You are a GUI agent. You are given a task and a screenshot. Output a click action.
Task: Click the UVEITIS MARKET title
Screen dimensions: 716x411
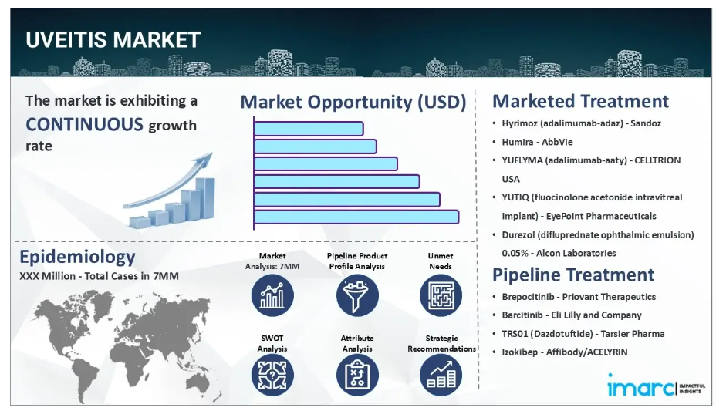[x=113, y=40]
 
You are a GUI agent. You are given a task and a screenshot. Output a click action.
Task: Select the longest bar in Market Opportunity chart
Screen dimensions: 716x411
[x=356, y=217]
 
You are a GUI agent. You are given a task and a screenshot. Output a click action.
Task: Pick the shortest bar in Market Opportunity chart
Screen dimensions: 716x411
[x=309, y=129]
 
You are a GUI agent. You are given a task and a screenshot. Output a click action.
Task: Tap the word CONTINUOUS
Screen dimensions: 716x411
[x=84, y=124]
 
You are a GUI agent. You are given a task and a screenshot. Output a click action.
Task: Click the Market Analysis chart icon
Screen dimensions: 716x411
[x=272, y=295]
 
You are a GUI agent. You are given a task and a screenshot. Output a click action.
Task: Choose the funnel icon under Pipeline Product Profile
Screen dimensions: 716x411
[x=357, y=295]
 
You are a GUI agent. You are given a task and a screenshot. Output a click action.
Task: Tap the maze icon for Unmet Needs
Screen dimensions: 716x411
[x=441, y=295]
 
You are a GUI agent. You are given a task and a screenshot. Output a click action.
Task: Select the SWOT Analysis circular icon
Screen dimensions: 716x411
[x=272, y=375]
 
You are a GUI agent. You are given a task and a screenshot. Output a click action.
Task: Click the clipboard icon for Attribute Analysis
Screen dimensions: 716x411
[x=357, y=375]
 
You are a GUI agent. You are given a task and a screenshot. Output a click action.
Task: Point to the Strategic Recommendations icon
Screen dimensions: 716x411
[x=441, y=375]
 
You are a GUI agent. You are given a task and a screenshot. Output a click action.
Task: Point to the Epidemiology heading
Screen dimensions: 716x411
[x=77, y=257]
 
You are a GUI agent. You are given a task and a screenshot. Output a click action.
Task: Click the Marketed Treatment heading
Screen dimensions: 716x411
[x=580, y=101]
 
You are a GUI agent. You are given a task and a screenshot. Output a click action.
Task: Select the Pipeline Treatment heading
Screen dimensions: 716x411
[x=573, y=275]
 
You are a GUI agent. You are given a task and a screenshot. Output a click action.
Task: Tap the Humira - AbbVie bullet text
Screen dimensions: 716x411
[x=537, y=142]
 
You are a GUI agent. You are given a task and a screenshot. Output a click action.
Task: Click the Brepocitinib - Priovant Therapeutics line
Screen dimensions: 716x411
[x=579, y=297]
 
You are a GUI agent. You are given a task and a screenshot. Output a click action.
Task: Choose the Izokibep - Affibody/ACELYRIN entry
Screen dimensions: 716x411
[x=565, y=352]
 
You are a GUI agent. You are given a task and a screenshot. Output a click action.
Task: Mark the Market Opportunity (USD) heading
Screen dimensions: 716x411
[x=353, y=102]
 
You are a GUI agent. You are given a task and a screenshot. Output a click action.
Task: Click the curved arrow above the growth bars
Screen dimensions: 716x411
[x=168, y=180]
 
